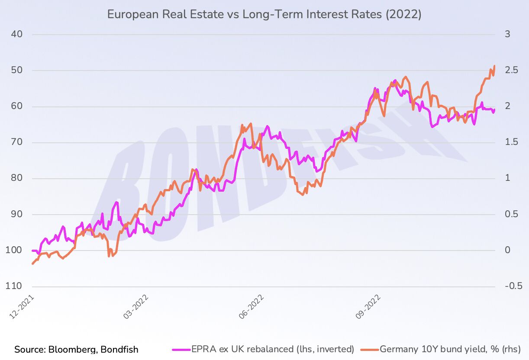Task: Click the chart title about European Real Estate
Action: (x=264, y=14)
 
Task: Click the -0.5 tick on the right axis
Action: (x=513, y=286)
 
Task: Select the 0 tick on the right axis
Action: (x=507, y=251)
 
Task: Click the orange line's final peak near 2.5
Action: (x=494, y=66)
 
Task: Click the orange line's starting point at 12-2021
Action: (x=32, y=264)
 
